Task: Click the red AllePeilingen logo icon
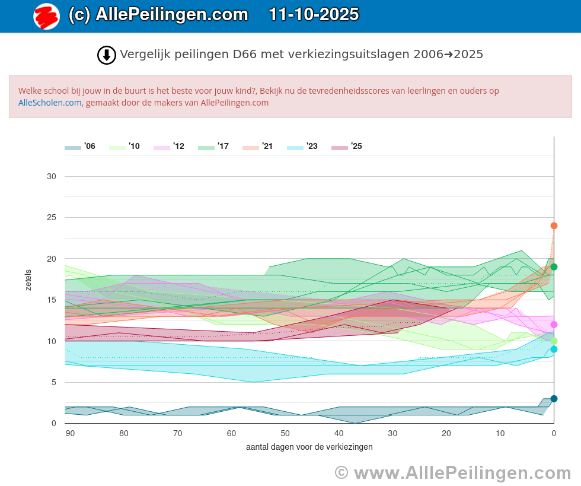pyautogui.click(x=46, y=16)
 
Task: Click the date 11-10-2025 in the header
pyautogui.click(x=314, y=15)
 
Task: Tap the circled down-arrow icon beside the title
pyautogui.click(x=107, y=55)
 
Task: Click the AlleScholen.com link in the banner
pyautogui.click(x=50, y=103)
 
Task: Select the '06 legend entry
pyautogui.click(x=80, y=147)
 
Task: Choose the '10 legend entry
pyautogui.click(x=124, y=147)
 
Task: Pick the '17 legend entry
pyautogui.click(x=213, y=147)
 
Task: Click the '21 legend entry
pyautogui.click(x=258, y=147)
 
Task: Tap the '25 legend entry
pyautogui.click(x=347, y=147)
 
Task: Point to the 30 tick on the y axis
pyautogui.click(x=52, y=176)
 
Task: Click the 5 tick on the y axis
pyautogui.click(x=53, y=382)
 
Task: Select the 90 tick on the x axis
pyautogui.click(x=70, y=433)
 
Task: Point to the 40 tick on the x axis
pyautogui.click(x=339, y=433)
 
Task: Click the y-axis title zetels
pyautogui.click(x=28, y=280)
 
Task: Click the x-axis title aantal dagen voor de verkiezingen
pyautogui.click(x=309, y=447)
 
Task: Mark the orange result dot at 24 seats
pyautogui.click(x=554, y=225)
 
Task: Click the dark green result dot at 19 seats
pyautogui.click(x=554, y=267)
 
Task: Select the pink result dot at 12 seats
pyautogui.click(x=554, y=325)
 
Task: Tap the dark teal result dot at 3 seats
pyautogui.click(x=554, y=399)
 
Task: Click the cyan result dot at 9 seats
pyautogui.click(x=554, y=350)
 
